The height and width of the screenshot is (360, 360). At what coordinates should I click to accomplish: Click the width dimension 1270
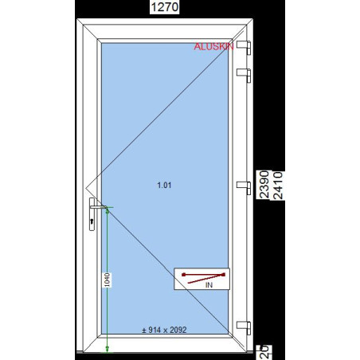167,7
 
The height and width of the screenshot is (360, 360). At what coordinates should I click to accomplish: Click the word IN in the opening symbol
209,284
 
